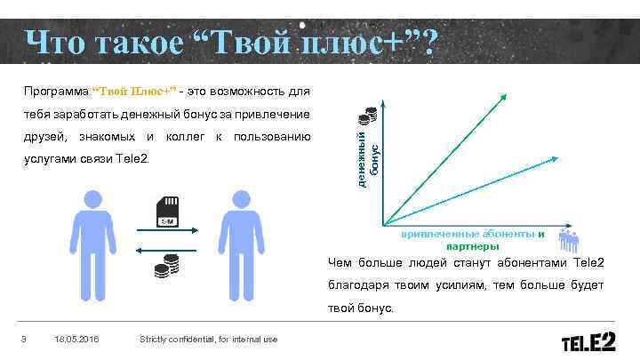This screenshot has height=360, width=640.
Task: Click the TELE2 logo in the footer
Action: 593,341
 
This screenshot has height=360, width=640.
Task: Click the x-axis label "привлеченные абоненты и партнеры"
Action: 471,239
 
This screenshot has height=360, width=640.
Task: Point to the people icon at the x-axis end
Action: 568,237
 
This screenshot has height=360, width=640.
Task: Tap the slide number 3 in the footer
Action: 24,339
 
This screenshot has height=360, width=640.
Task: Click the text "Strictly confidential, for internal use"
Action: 209,339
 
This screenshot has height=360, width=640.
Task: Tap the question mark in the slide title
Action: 428,43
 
